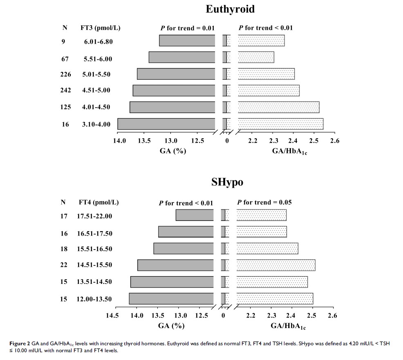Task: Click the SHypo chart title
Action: [227, 182]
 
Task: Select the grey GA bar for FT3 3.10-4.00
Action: [166, 124]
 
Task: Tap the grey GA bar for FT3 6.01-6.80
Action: [187, 41]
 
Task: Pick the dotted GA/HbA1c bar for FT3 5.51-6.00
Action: [256, 57]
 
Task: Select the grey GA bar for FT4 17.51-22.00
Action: [195, 215]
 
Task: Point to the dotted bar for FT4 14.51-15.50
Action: [276, 265]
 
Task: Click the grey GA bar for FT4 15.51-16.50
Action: [184, 249]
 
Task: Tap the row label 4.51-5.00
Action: [96, 90]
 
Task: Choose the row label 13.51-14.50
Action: [94, 281]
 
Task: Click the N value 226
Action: [65, 74]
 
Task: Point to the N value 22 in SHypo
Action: [64, 265]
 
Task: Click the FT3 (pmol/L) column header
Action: [101, 28]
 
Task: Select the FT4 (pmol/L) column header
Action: [99, 202]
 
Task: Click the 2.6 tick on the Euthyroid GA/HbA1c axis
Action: [335, 141]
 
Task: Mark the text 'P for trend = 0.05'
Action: [264, 202]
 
